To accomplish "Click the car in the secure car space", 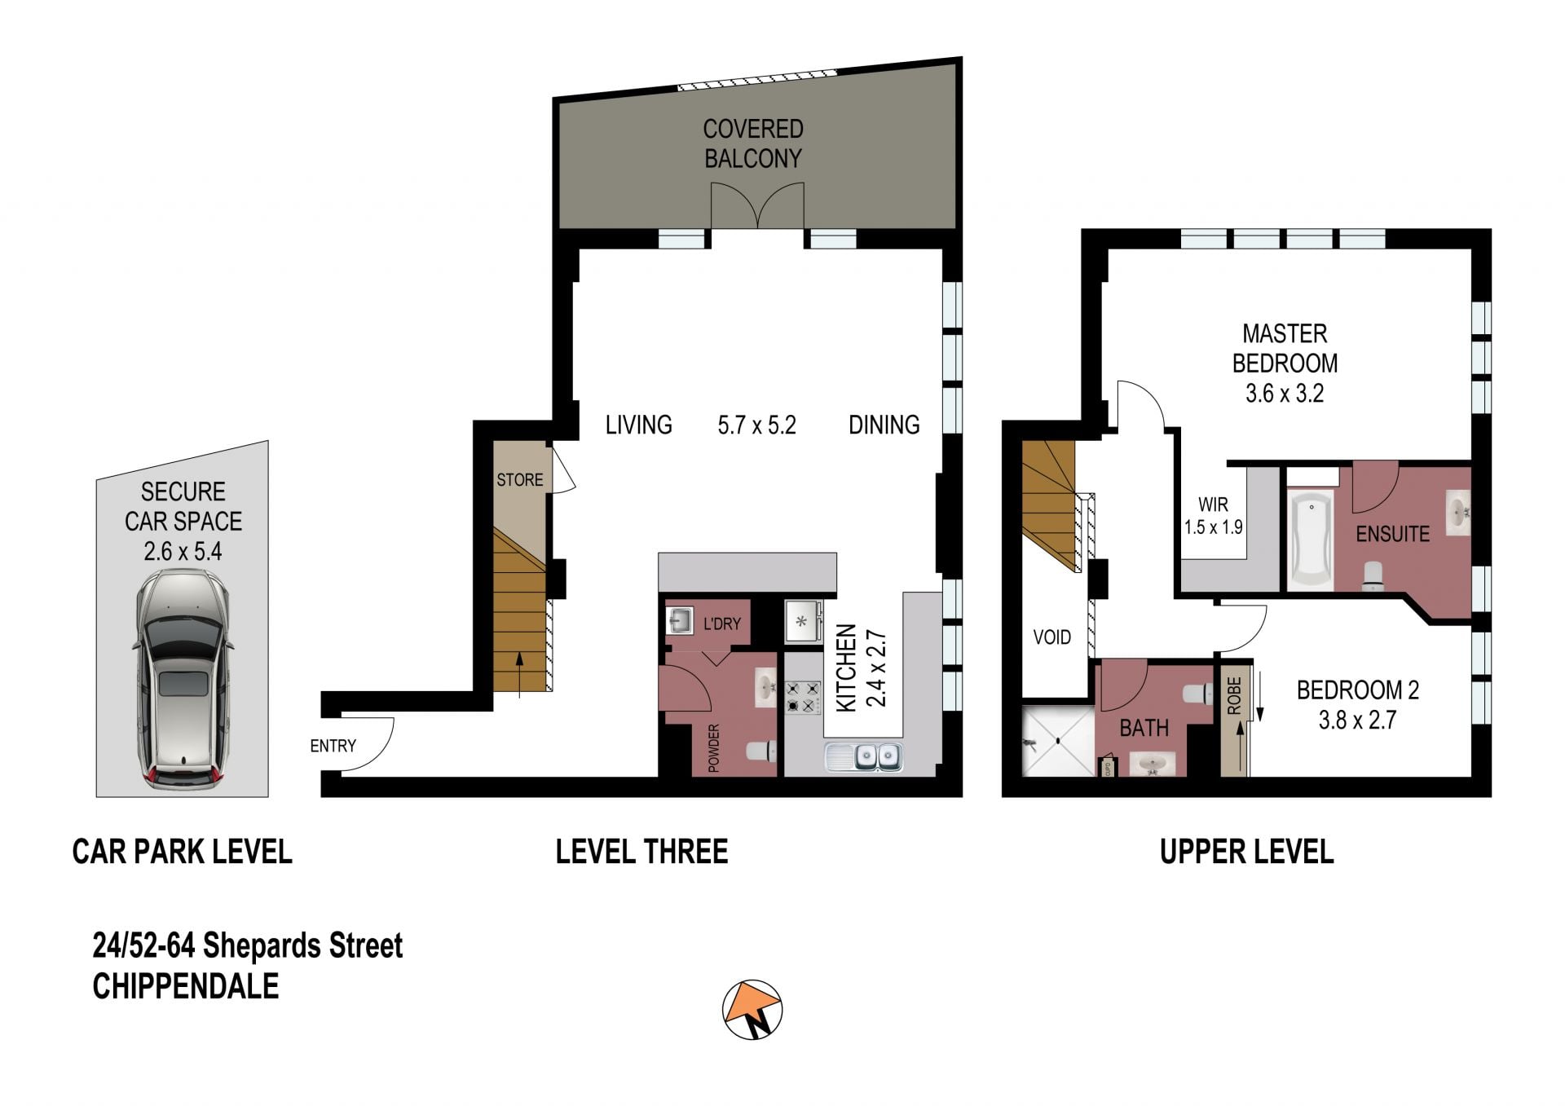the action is click(183, 678).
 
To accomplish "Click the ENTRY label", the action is click(333, 746).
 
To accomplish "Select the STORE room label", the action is click(519, 480).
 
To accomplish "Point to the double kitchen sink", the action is click(864, 757).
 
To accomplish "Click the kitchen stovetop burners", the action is click(803, 698).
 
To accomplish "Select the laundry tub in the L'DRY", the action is click(680, 620).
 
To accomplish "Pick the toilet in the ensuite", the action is click(1373, 575).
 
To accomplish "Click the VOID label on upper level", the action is click(1051, 637).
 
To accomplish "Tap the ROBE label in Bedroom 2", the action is click(1234, 696).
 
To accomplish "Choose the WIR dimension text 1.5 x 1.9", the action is click(1213, 527).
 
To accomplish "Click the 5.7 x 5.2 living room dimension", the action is click(756, 425).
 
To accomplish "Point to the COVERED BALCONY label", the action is click(753, 143).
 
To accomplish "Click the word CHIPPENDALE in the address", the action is click(186, 986).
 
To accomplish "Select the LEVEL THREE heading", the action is click(641, 852).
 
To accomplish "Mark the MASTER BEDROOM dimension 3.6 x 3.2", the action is click(1285, 394).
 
